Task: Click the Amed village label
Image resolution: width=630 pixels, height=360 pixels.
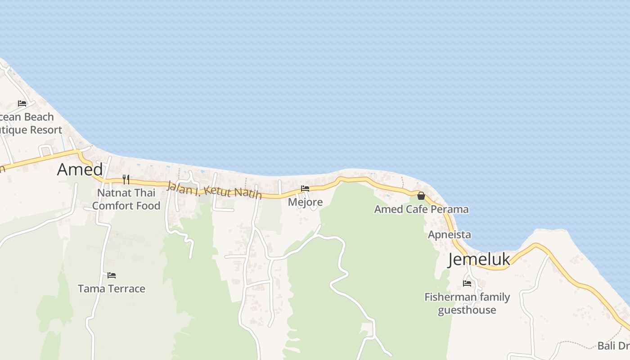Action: pos(80,170)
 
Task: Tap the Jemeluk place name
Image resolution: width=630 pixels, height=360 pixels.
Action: pos(479,260)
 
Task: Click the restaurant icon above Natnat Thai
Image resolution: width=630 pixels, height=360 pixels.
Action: pos(126,180)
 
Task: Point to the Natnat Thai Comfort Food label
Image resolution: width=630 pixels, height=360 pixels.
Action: pos(126,199)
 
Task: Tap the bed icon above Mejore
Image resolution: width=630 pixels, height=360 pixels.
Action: pos(305,189)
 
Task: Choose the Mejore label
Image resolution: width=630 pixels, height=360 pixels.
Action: pos(305,202)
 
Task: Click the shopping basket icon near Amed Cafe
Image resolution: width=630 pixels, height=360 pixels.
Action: pos(421,196)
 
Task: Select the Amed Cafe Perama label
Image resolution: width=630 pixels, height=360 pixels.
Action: pos(421,209)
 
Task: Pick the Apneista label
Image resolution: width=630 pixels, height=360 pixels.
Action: pos(449,234)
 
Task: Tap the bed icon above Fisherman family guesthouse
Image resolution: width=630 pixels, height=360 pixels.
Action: pos(467,283)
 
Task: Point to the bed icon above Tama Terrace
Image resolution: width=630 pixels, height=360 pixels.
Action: pos(112,275)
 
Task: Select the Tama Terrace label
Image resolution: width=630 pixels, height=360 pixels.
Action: pos(112,288)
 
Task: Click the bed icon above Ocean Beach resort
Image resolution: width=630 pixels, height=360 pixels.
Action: pos(22,103)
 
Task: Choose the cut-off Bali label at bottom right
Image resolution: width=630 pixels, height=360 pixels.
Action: pos(613,346)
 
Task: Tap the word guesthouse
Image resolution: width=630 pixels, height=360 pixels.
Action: pos(467,310)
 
